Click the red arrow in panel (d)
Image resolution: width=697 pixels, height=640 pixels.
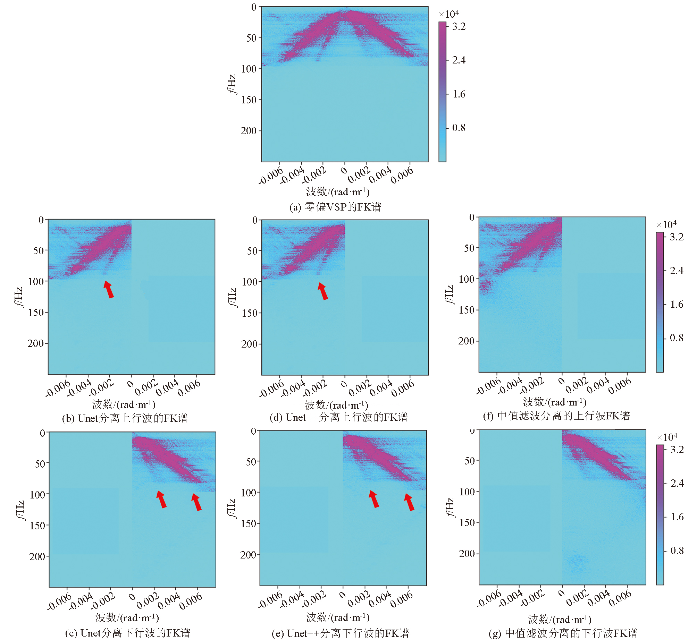(x=323, y=291)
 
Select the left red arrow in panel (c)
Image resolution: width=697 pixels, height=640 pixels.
(x=161, y=499)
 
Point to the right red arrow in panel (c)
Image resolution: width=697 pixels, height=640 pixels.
(x=196, y=502)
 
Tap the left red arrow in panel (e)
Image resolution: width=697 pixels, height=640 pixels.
(x=373, y=499)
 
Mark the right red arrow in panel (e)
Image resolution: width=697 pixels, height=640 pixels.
(x=409, y=502)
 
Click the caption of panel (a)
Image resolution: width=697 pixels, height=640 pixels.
(x=335, y=207)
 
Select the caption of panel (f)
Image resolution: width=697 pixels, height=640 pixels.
(x=556, y=416)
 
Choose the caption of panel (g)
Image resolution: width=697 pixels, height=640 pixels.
(x=563, y=633)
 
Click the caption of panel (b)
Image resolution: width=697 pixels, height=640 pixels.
(x=125, y=418)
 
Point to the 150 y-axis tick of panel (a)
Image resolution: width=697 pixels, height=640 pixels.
(x=249, y=100)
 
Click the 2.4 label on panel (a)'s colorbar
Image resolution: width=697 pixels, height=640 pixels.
(x=459, y=60)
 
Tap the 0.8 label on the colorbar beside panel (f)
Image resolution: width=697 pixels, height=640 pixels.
(x=676, y=338)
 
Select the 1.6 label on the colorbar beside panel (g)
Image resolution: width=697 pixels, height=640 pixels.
(x=677, y=517)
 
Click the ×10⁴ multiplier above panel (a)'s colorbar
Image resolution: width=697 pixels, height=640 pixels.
(x=449, y=14)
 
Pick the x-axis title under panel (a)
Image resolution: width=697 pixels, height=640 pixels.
(x=338, y=192)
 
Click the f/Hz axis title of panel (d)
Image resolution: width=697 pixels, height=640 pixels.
(x=232, y=297)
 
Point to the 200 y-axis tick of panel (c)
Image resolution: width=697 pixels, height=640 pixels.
(x=37, y=556)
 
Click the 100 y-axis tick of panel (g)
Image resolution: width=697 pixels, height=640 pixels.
(x=467, y=492)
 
